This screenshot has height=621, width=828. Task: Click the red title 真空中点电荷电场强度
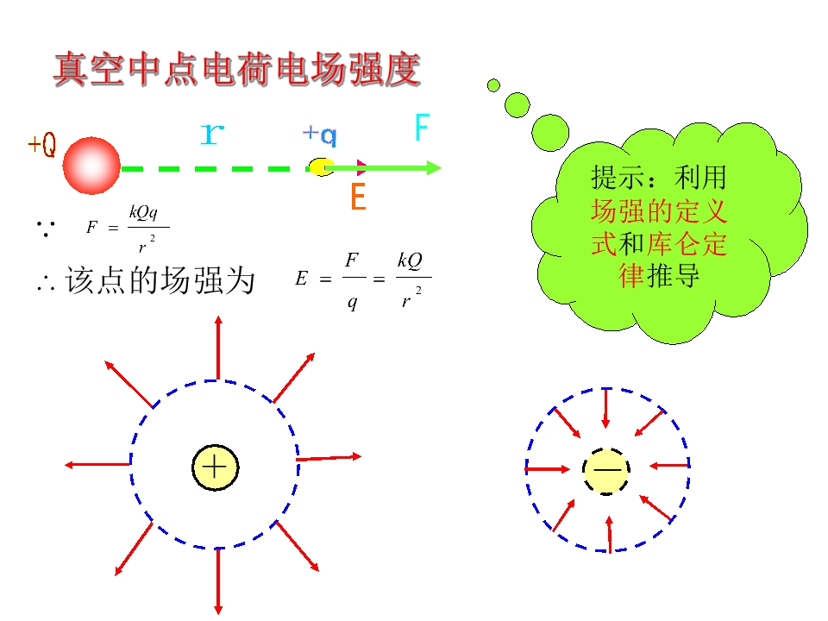click(x=237, y=69)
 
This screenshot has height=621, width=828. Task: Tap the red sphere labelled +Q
click(x=91, y=166)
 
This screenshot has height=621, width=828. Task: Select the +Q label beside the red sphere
click(x=41, y=144)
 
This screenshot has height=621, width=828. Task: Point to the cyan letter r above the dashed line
click(x=212, y=134)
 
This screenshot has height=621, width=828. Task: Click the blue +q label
click(x=319, y=135)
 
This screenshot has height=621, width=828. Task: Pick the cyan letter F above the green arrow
click(x=422, y=128)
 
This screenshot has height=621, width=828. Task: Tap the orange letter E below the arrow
click(x=359, y=197)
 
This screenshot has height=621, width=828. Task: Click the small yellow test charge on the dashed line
click(x=322, y=166)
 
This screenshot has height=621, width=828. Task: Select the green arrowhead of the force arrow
click(x=434, y=168)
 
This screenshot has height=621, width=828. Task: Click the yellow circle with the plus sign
click(x=215, y=467)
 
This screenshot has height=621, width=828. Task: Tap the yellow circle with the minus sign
click(x=606, y=472)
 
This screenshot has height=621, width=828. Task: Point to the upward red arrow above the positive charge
click(x=218, y=348)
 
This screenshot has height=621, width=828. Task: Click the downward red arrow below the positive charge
click(x=218, y=581)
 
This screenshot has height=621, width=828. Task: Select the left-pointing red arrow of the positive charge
click(x=97, y=465)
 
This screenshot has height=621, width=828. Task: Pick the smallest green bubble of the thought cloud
click(x=493, y=85)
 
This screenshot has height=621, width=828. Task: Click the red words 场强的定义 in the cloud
click(x=658, y=211)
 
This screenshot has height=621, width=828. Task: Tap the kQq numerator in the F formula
click(x=144, y=212)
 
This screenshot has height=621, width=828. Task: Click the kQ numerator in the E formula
click(x=411, y=260)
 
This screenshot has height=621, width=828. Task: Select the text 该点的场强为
click(x=160, y=279)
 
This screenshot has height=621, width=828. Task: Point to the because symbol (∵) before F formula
click(x=46, y=228)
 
